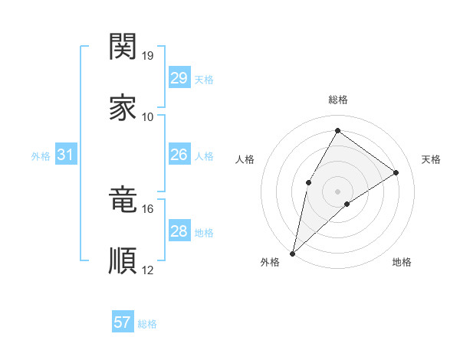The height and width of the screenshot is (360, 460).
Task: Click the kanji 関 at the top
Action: [123, 47]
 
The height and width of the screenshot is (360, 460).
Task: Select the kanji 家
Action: [123, 108]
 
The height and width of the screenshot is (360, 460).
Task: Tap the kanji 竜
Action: [123, 200]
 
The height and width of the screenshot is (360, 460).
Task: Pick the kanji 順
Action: [123, 260]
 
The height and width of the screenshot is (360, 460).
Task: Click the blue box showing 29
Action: [179, 78]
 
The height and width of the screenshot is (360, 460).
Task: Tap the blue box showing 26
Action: [179, 155]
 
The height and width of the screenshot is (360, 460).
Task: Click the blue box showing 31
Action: [65, 155]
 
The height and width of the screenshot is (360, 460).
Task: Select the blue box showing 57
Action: [122, 323]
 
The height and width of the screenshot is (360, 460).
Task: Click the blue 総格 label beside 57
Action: [147, 324]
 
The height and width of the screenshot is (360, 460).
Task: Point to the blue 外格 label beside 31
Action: [41, 156]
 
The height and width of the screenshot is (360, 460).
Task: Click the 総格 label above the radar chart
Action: [337, 100]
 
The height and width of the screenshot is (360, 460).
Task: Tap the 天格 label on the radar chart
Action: [431, 159]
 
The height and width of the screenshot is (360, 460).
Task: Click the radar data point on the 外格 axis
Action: [292, 253]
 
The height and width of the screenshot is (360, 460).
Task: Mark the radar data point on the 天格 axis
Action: [396, 173]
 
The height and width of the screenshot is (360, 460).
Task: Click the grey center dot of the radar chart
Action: [337, 191]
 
